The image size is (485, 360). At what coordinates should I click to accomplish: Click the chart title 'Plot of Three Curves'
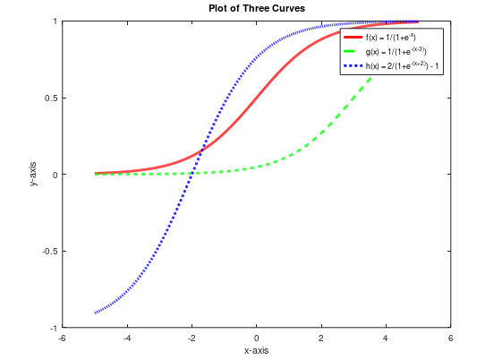[256, 8]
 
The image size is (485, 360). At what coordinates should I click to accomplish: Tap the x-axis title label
[256, 350]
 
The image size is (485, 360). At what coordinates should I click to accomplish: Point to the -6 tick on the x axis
[62, 338]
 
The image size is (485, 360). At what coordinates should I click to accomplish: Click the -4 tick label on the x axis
[126, 338]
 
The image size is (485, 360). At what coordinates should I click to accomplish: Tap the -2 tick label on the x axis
[191, 338]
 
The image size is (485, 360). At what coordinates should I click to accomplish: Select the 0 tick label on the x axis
[256, 338]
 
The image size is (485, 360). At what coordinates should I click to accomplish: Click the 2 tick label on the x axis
[321, 338]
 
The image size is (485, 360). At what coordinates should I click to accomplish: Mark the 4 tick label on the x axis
[386, 338]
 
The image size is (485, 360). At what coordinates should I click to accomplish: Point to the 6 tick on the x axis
[450, 338]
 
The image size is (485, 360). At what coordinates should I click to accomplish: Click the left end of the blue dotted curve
[95, 313]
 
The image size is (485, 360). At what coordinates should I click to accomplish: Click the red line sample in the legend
[353, 39]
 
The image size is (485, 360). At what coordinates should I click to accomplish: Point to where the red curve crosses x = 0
[256, 99]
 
